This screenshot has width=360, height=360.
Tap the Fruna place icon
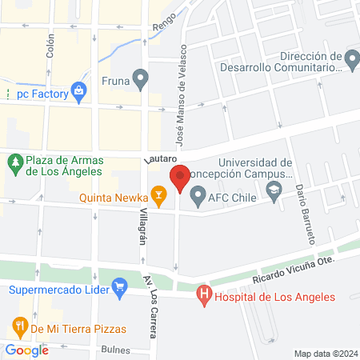(142, 80)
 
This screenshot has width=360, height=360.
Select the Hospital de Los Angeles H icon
(204, 297)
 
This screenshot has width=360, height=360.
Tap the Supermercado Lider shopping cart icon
(120, 286)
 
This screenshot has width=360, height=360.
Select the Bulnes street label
(117, 350)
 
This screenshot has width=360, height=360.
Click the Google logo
(27, 350)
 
